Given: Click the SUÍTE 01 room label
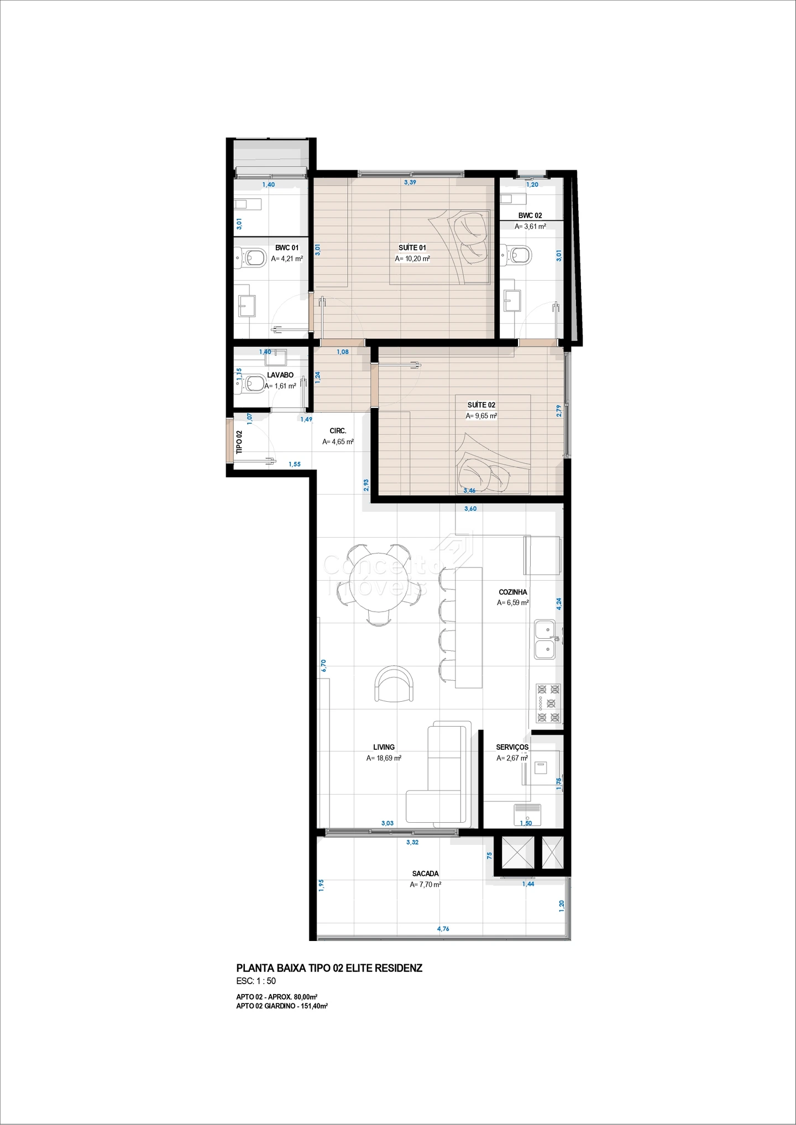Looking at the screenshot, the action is point(412,248).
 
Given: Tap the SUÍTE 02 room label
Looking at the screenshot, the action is point(481,405).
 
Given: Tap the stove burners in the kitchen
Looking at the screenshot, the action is point(548,703).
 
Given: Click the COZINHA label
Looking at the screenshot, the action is point(513,592).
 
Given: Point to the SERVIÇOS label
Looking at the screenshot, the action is point(512,747).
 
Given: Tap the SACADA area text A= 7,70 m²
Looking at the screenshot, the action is point(426,885).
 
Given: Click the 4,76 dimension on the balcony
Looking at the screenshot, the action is point(443,929).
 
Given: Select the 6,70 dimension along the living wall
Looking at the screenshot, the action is point(324,665).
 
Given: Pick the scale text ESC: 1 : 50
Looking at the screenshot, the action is point(256,981).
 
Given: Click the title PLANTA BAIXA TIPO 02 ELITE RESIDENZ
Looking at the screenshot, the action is point(329,968).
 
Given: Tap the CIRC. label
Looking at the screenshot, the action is point(338,431).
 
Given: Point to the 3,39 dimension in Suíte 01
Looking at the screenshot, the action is point(410,182).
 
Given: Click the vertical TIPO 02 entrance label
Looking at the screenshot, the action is point(239,443).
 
